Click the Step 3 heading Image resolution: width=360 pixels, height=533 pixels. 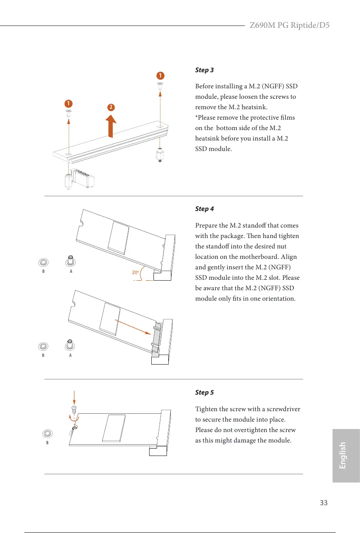[x=204, y=70]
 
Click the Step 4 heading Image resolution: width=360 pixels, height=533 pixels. [x=204, y=209]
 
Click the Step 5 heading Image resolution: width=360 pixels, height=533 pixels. [x=204, y=392]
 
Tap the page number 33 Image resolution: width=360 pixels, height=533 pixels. [x=323, y=503]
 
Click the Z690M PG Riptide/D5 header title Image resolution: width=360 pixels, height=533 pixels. [x=289, y=25]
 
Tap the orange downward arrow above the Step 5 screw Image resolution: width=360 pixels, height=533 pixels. [x=74, y=397]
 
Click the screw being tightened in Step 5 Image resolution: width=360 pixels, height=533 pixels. [x=74, y=410]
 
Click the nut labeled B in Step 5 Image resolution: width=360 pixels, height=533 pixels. [x=47, y=433]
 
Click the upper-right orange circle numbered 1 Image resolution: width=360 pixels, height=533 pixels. [x=160, y=75]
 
